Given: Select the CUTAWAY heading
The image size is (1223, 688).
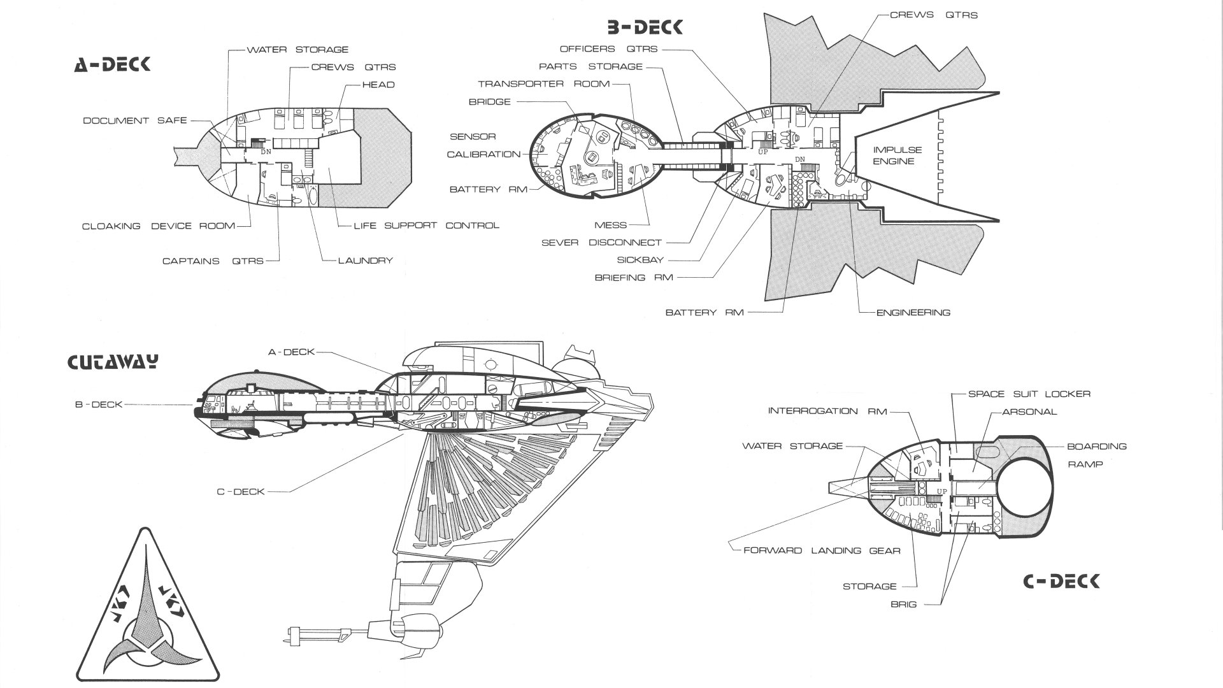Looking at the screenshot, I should [x=113, y=362].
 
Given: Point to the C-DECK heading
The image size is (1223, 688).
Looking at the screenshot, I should [x=1061, y=581].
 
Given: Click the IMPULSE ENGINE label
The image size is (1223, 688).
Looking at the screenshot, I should [x=897, y=155].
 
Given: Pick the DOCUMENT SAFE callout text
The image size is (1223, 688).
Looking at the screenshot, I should [x=135, y=120].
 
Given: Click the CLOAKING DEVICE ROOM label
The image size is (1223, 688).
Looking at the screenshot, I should [x=159, y=226].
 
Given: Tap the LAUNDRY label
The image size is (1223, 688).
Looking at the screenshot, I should [x=366, y=261].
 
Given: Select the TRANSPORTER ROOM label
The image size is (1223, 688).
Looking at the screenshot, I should [x=544, y=84].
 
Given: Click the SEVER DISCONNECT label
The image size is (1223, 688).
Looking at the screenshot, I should [x=601, y=243].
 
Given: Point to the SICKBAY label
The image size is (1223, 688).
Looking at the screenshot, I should [x=640, y=260].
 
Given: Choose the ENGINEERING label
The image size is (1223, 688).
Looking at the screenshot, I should [x=913, y=313].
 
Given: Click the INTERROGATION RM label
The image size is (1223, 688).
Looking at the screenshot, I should [x=827, y=411].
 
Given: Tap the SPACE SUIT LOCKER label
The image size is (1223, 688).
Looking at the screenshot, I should [x=1029, y=394].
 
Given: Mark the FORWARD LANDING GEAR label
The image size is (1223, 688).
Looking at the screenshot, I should [x=822, y=550].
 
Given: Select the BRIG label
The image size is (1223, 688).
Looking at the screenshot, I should [x=903, y=604].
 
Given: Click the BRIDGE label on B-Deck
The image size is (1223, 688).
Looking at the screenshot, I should [x=489, y=102].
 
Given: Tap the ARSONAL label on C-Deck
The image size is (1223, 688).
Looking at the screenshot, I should [x=1029, y=412].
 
